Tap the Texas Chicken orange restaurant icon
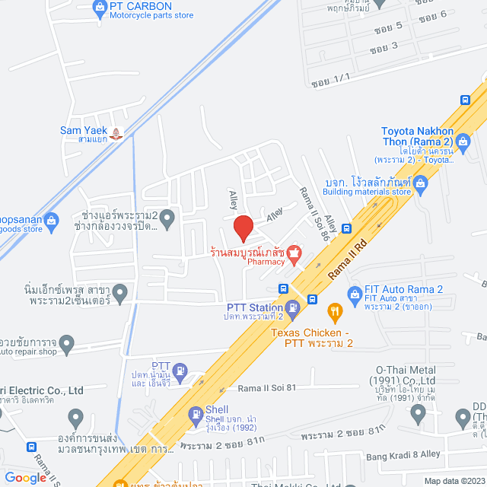333,310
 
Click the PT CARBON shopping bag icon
100,8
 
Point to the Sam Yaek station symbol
116,133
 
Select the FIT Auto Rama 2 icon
354,293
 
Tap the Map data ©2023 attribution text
454,481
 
